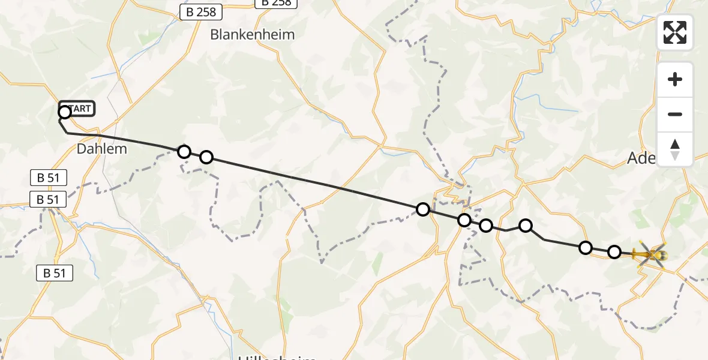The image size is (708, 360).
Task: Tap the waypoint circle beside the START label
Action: tap(65, 112)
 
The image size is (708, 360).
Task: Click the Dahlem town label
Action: tap(102, 148)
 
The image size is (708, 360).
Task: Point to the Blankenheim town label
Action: tap(253, 35)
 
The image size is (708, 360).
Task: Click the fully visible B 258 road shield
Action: tap(201, 11)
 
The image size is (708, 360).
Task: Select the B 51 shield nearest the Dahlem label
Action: tap(48, 178)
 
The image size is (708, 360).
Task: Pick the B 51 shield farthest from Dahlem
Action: tap(55, 273)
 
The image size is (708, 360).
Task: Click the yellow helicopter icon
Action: tap(650, 254)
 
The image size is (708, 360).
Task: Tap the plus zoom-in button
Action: tap(675, 79)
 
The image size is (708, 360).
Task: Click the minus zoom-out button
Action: tap(675, 114)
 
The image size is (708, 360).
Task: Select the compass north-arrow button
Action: tap(675, 149)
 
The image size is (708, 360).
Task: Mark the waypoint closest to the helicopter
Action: tap(614, 252)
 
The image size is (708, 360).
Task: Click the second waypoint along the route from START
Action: tap(184, 151)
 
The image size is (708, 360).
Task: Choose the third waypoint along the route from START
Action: tap(206, 157)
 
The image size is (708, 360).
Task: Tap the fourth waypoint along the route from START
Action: tap(423, 209)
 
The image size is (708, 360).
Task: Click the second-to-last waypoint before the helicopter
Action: tap(585, 248)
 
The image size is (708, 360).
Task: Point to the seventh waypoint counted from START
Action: tap(526, 226)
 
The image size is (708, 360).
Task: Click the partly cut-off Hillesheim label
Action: tap(277, 358)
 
